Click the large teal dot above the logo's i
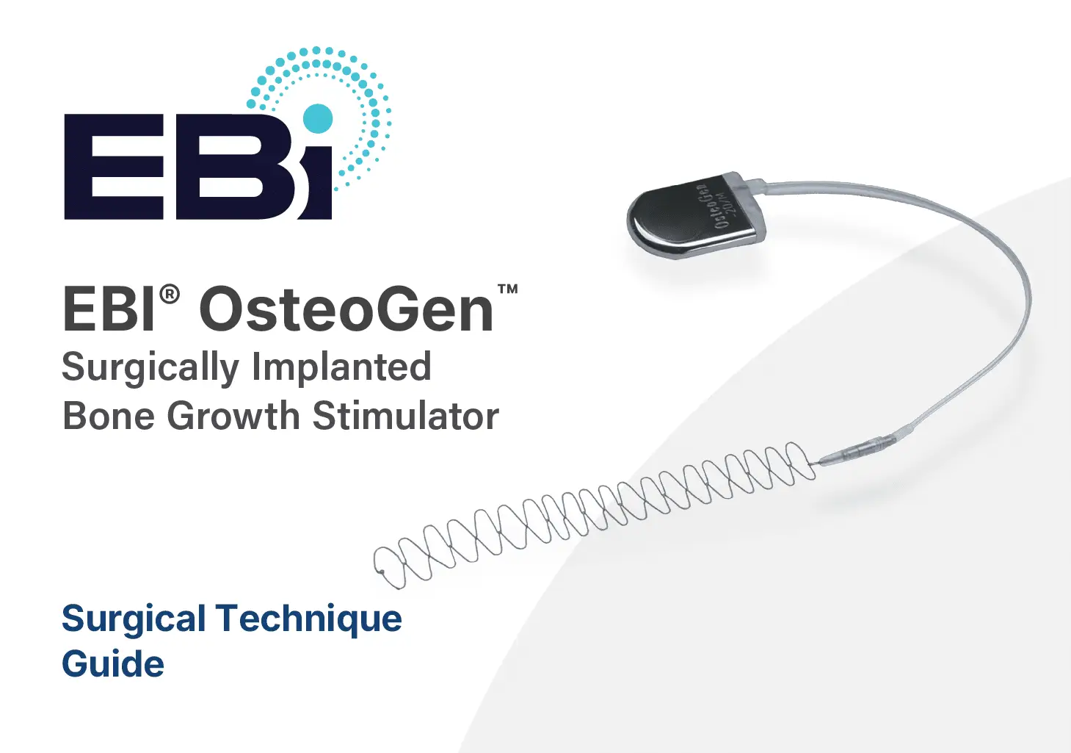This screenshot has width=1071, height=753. click(317, 118)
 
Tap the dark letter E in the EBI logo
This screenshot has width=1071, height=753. click(115, 167)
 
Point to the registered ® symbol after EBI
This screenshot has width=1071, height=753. click(170, 295)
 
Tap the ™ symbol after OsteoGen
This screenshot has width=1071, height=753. click(507, 289)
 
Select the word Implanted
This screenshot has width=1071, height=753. click(341, 366)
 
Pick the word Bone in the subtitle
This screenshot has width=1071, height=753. click(109, 416)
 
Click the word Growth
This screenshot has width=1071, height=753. click(234, 416)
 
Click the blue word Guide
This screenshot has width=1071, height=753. click(113, 663)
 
